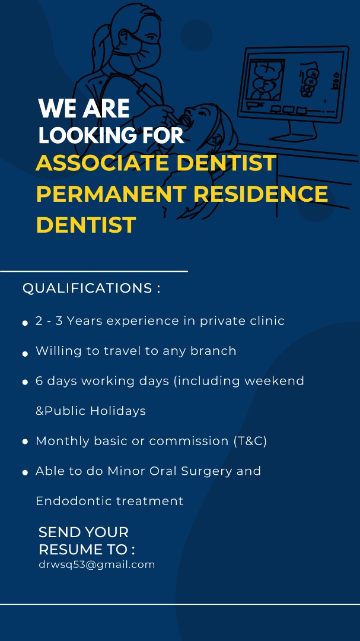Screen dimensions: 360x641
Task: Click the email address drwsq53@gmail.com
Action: click(x=97, y=565)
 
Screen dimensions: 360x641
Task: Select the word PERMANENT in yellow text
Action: click(x=111, y=193)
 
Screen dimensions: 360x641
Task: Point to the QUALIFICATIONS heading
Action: click(x=91, y=288)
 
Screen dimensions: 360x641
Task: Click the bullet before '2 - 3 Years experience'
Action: click(x=25, y=323)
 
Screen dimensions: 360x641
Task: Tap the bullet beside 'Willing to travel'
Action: click(x=25, y=354)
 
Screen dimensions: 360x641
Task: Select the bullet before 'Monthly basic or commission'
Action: click(x=25, y=442)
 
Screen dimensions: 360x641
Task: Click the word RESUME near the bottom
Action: click(x=68, y=550)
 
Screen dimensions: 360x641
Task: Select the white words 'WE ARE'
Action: click(x=84, y=109)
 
